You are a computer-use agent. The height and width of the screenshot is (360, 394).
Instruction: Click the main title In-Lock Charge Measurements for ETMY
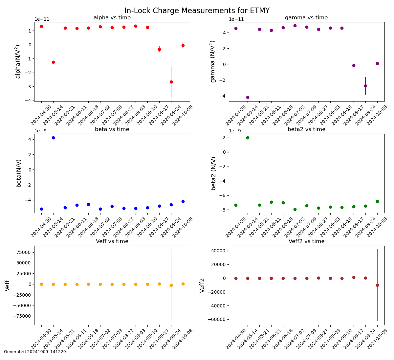[x=197, y=11]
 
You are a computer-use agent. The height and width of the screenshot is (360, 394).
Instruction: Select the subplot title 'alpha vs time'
[x=112, y=18]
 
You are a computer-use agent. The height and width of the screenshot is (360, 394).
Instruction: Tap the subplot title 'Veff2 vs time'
[x=306, y=241]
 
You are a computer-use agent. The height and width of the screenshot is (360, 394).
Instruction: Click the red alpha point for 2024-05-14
[x=53, y=62]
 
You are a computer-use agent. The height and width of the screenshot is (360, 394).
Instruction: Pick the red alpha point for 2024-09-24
[x=171, y=82]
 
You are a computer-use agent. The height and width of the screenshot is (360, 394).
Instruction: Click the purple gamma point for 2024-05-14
[x=248, y=98]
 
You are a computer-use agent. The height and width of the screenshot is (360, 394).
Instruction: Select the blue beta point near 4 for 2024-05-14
[x=53, y=138]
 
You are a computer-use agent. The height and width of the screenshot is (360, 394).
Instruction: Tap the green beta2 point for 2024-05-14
[x=248, y=138]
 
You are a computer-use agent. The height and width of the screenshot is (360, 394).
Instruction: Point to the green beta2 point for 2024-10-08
[x=377, y=202]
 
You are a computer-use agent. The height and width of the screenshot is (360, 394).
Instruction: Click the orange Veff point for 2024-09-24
[x=171, y=285]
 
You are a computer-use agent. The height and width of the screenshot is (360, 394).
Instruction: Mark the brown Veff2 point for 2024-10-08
[x=377, y=285]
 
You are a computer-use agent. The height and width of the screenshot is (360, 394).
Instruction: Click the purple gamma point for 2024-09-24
[x=365, y=86]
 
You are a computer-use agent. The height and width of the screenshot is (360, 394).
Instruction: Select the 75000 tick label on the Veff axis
[x=24, y=252]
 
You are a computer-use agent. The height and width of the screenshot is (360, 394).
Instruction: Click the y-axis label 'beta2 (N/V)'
[x=213, y=173]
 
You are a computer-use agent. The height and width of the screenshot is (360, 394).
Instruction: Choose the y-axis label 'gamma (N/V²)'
[x=213, y=62]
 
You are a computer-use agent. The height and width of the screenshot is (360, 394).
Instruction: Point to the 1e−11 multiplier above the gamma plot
[x=236, y=19]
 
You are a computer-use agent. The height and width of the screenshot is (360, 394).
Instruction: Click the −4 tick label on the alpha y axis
[x=28, y=101]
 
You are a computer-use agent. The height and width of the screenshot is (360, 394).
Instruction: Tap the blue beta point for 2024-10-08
[x=183, y=202]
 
